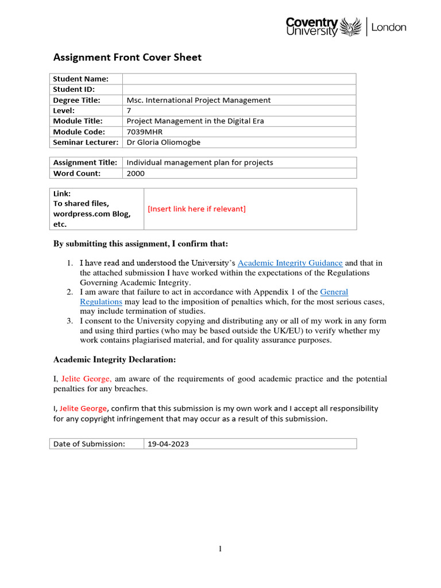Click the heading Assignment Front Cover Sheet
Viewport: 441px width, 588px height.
127,57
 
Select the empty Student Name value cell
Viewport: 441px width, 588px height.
239,79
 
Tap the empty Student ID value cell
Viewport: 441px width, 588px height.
239,89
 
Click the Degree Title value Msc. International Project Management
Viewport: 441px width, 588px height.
198,100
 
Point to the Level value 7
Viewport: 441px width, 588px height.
129,110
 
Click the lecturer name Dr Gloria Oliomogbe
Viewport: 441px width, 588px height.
164,142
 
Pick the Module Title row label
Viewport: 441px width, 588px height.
78,121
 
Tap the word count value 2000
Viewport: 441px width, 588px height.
136,173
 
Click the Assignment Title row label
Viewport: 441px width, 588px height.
85,163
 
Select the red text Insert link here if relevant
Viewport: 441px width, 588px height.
196,208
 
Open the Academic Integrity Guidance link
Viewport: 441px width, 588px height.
290,263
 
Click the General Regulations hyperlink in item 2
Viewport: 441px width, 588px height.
334,292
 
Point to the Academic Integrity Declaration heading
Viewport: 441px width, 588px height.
114,359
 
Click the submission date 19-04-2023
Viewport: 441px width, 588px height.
168,444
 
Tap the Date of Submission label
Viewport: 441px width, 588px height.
89,444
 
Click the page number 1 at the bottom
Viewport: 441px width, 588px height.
220,550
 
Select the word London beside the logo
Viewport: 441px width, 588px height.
389,27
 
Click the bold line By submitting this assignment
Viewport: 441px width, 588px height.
141,244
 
